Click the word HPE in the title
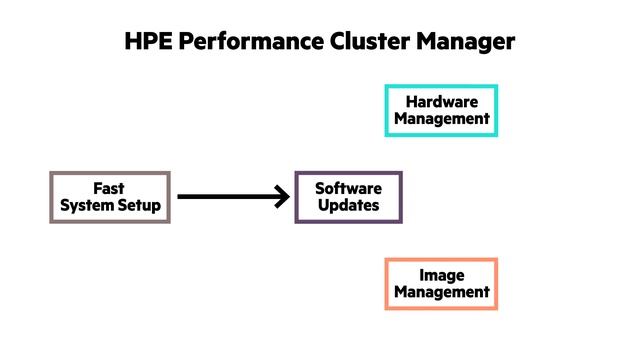(147, 42)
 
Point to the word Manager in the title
(461, 42)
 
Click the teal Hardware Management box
(441, 110)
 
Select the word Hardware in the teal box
(441, 102)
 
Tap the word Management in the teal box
(441, 119)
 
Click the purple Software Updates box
(348, 197)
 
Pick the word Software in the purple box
(348, 189)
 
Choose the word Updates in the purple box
(348, 206)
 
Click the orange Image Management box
(441, 284)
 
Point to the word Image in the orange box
(441, 275)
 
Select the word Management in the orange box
(441, 293)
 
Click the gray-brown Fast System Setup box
(110, 197)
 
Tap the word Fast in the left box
(109, 188)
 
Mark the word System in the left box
(87, 206)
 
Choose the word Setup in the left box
(137, 206)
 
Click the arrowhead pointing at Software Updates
(281, 197)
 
